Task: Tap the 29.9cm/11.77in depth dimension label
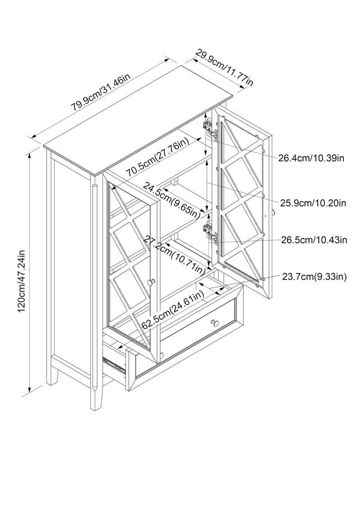pyautogui.click(x=224, y=67)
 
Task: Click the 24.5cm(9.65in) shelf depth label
pyautogui.click(x=171, y=201)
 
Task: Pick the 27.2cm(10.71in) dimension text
pyautogui.click(x=175, y=255)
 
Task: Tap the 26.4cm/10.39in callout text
pyautogui.click(x=311, y=158)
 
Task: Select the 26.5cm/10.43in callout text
pyautogui.click(x=314, y=240)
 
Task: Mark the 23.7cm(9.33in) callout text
pyautogui.click(x=314, y=276)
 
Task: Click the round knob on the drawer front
pyautogui.click(x=215, y=323)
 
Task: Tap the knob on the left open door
pyautogui.click(x=152, y=282)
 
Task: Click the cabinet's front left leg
pyautogui.click(x=96, y=396)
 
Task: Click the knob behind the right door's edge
pyautogui.click(x=272, y=213)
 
